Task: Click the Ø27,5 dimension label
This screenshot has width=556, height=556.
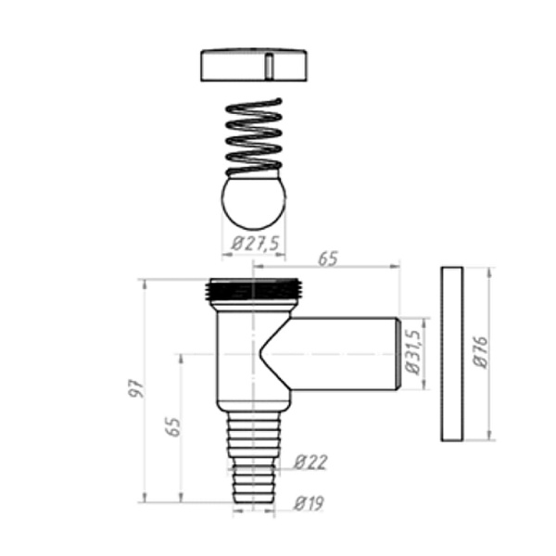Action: [x=256, y=244]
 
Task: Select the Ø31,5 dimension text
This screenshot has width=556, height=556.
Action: [x=413, y=352]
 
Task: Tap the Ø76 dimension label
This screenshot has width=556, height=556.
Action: [x=481, y=352]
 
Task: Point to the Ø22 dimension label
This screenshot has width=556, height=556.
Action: [x=310, y=462]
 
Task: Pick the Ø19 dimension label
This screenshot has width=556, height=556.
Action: [x=309, y=503]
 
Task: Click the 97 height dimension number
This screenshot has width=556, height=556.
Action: [x=137, y=388]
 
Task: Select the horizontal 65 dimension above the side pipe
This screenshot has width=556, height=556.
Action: [x=328, y=259]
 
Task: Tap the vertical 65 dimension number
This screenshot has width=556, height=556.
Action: [x=173, y=426]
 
